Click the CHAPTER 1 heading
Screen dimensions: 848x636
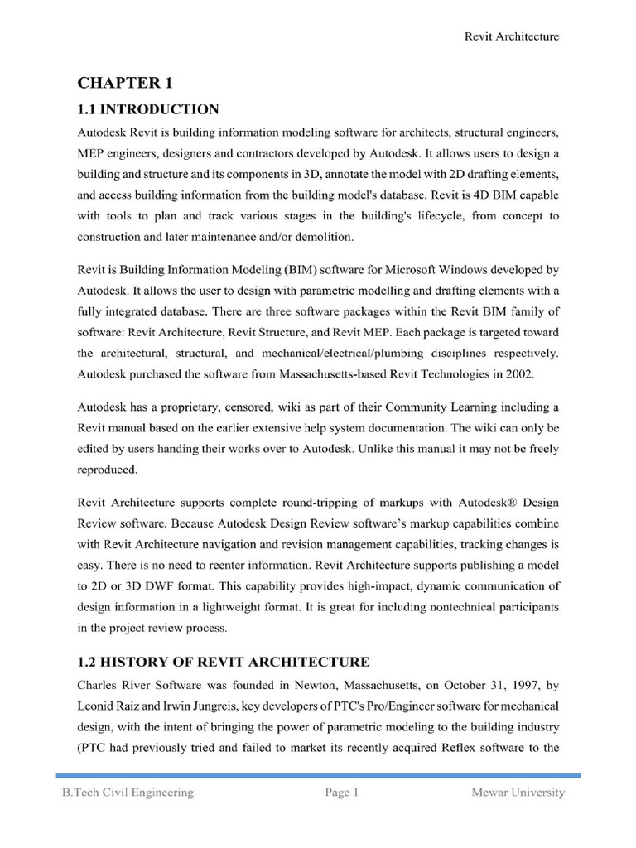tap(124, 83)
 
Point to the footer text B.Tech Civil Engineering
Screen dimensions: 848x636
tap(128, 793)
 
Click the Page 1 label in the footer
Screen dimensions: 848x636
tap(341, 793)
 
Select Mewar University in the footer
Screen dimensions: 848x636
tap(518, 793)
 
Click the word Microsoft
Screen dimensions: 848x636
tap(407, 270)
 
